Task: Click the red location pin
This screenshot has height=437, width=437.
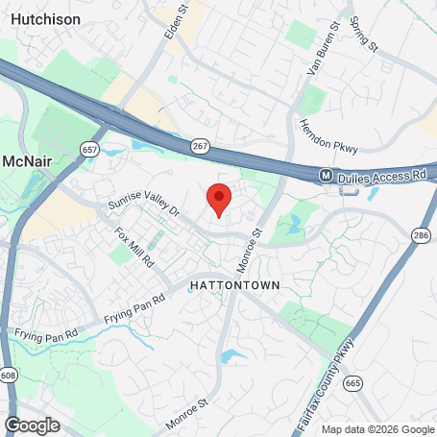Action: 219,198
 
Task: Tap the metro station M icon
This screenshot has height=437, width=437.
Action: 327,176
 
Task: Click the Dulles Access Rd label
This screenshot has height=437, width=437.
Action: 380,176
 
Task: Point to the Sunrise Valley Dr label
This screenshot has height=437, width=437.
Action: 144,203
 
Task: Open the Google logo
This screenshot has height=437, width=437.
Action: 32,424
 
